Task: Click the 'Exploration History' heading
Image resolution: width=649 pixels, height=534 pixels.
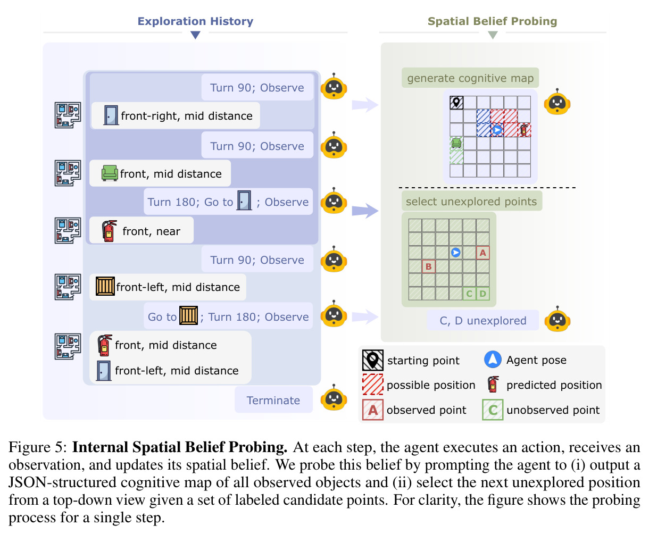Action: [x=195, y=21]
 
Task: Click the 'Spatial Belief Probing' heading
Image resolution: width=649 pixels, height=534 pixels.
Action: [x=492, y=21]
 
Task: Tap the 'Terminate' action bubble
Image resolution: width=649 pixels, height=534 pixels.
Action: [x=273, y=400]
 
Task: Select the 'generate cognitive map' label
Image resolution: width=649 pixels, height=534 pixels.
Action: [x=470, y=78]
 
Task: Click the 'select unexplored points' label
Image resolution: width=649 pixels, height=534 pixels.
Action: [x=471, y=201]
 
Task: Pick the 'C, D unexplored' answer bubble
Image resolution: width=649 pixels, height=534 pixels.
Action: [x=482, y=321]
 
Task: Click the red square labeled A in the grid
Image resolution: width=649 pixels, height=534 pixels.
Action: [x=482, y=253]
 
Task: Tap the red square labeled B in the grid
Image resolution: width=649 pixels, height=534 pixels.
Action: [x=428, y=266]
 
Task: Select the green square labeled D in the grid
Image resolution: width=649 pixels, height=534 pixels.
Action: [x=482, y=294]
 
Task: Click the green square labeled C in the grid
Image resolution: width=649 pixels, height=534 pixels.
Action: [x=469, y=294]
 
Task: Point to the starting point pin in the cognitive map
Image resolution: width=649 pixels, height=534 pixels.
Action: [x=456, y=103]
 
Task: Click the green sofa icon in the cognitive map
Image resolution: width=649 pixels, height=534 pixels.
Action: [x=456, y=143]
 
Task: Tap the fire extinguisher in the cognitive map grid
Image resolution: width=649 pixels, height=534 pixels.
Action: [x=524, y=130]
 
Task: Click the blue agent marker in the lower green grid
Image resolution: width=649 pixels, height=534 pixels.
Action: [x=455, y=253]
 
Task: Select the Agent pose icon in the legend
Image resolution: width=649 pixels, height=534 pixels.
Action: [x=493, y=360]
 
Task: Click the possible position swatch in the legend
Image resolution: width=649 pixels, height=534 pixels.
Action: [x=373, y=385]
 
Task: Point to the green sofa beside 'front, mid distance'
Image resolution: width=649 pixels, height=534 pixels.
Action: [x=110, y=173]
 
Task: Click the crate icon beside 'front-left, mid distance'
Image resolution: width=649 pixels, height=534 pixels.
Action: [x=105, y=286]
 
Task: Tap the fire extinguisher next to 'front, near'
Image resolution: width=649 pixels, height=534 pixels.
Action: [x=109, y=231]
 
